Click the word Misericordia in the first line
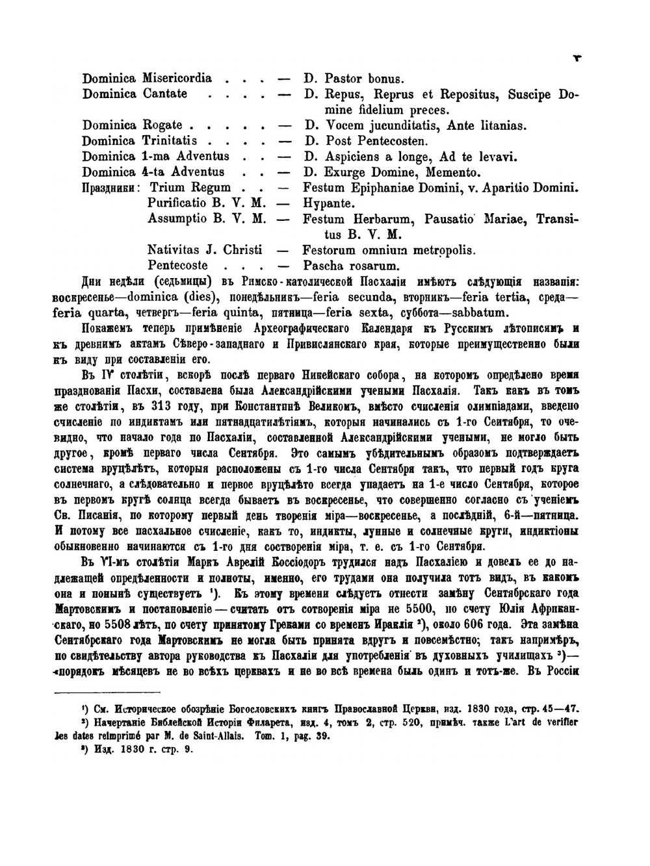(175, 79)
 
